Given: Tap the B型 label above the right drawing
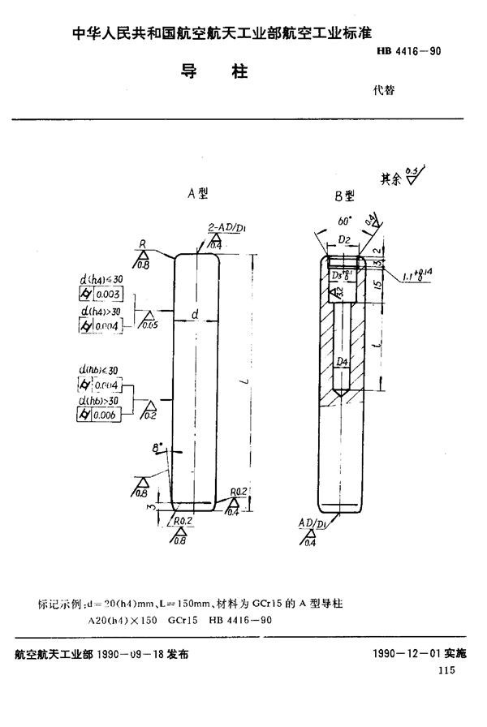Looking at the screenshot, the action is click(344, 196).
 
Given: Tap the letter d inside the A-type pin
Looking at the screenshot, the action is click(195, 313).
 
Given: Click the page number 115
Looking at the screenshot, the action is click(445, 669).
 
